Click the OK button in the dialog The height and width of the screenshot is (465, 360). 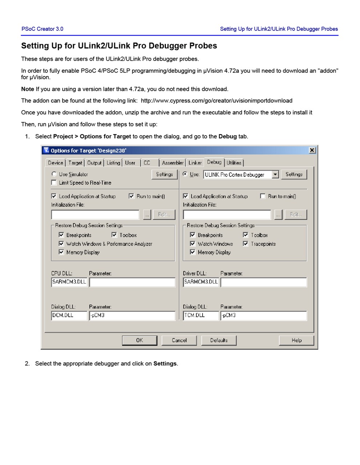click(x=139, y=340)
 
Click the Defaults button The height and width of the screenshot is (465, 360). click(x=219, y=340)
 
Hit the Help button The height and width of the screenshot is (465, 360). click(x=296, y=340)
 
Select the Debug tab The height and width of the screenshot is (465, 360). click(x=214, y=162)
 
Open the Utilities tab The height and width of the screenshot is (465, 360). click(x=234, y=163)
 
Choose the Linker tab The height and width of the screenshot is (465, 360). click(x=195, y=163)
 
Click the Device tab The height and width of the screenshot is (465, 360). click(x=55, y=163)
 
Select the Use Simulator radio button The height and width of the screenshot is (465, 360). click(x=54, y=174)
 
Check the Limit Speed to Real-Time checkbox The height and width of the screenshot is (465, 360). click(x=54, y=183)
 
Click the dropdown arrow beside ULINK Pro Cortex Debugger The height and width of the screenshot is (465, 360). click(x=275, y=175)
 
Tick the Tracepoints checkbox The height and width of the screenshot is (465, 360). click(x=246, y=244)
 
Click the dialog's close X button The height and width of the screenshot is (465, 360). click(x=312, y=150)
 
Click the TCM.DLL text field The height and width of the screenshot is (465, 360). click(x=201, y=315)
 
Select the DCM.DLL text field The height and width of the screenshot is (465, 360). click(x=69, y=315)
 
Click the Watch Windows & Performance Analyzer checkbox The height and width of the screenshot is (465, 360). click(x=61, y=244)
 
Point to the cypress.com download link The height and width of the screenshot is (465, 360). click(x=216, y=101)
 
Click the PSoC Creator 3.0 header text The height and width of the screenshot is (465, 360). click(x=42, y=29)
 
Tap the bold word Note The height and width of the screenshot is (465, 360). click(x=28, y=89)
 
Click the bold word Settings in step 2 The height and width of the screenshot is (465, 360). click(x=165, y=364)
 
